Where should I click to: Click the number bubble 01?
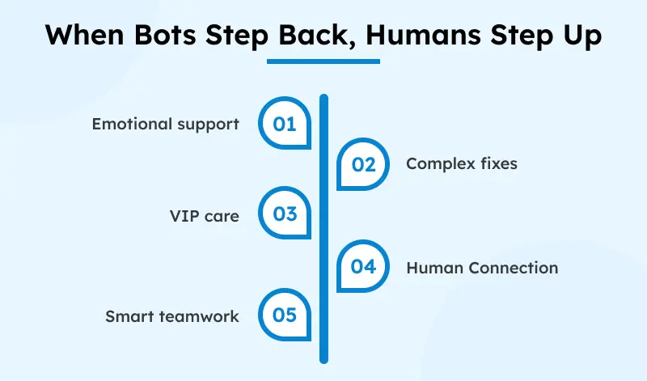point(284,125)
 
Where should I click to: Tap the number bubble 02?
point(363,164)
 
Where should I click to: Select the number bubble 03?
point(284,214)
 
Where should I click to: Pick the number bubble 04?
point(363,267)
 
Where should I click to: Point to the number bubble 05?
point(284,315)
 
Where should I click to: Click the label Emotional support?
point(165,125)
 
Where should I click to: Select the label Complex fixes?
point(462,164)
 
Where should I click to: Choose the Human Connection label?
point(482,267)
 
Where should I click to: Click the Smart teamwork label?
point(172,315)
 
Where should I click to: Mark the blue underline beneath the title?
point(323,60)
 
